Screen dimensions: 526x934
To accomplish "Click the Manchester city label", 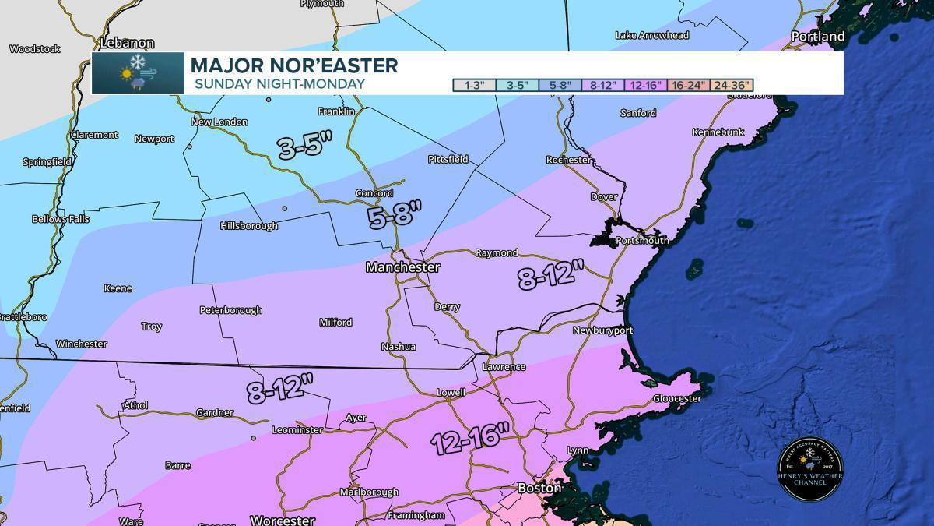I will click(403, 267).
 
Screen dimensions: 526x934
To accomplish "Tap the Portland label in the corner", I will click(817, 37).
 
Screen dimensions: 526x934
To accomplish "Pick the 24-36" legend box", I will click(732, 85).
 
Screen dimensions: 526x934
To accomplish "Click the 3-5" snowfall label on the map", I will click(305, 147).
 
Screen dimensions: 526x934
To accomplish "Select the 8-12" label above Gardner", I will click(280, 389).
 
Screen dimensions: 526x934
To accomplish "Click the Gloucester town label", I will click(677, 398).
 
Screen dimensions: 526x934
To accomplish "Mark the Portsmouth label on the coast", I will click(642, 241).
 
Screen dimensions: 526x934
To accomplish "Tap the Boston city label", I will click(539, 488).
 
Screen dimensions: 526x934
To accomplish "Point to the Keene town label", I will click(118, 288).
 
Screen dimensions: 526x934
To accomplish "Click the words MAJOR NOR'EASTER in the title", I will click(294, 65).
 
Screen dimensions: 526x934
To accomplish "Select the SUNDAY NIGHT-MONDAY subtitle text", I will click(279, 83).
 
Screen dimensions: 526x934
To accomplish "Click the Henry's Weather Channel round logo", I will click(810, 468).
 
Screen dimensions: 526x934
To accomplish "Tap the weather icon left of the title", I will click(138, 72).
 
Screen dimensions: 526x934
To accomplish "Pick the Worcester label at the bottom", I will click(282, 520).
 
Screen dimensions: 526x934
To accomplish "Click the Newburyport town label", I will click(602, 330).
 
